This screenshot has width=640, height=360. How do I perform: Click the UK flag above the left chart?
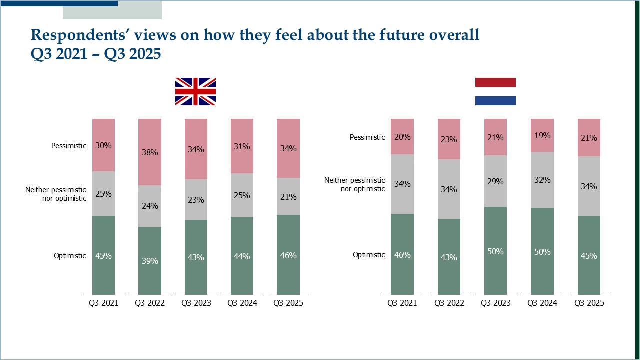[195, 91]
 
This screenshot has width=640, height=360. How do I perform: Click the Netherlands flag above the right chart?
[495, 91]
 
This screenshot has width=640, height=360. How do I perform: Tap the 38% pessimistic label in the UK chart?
[150, 152]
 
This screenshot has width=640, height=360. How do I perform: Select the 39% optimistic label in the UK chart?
[150, 261]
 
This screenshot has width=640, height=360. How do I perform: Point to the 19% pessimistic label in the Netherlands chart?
[542, 135]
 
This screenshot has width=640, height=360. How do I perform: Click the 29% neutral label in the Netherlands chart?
[495, 181]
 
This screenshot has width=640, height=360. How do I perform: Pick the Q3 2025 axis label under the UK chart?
[288, 303]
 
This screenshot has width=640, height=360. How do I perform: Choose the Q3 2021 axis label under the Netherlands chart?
[402, 303]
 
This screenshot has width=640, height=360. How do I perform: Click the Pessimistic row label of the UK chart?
[69, 146]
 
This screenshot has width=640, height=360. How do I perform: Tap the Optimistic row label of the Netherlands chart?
[369, 255]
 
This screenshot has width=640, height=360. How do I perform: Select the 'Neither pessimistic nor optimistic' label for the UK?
[56, 194]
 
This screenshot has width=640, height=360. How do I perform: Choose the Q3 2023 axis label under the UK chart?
[196, 303]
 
